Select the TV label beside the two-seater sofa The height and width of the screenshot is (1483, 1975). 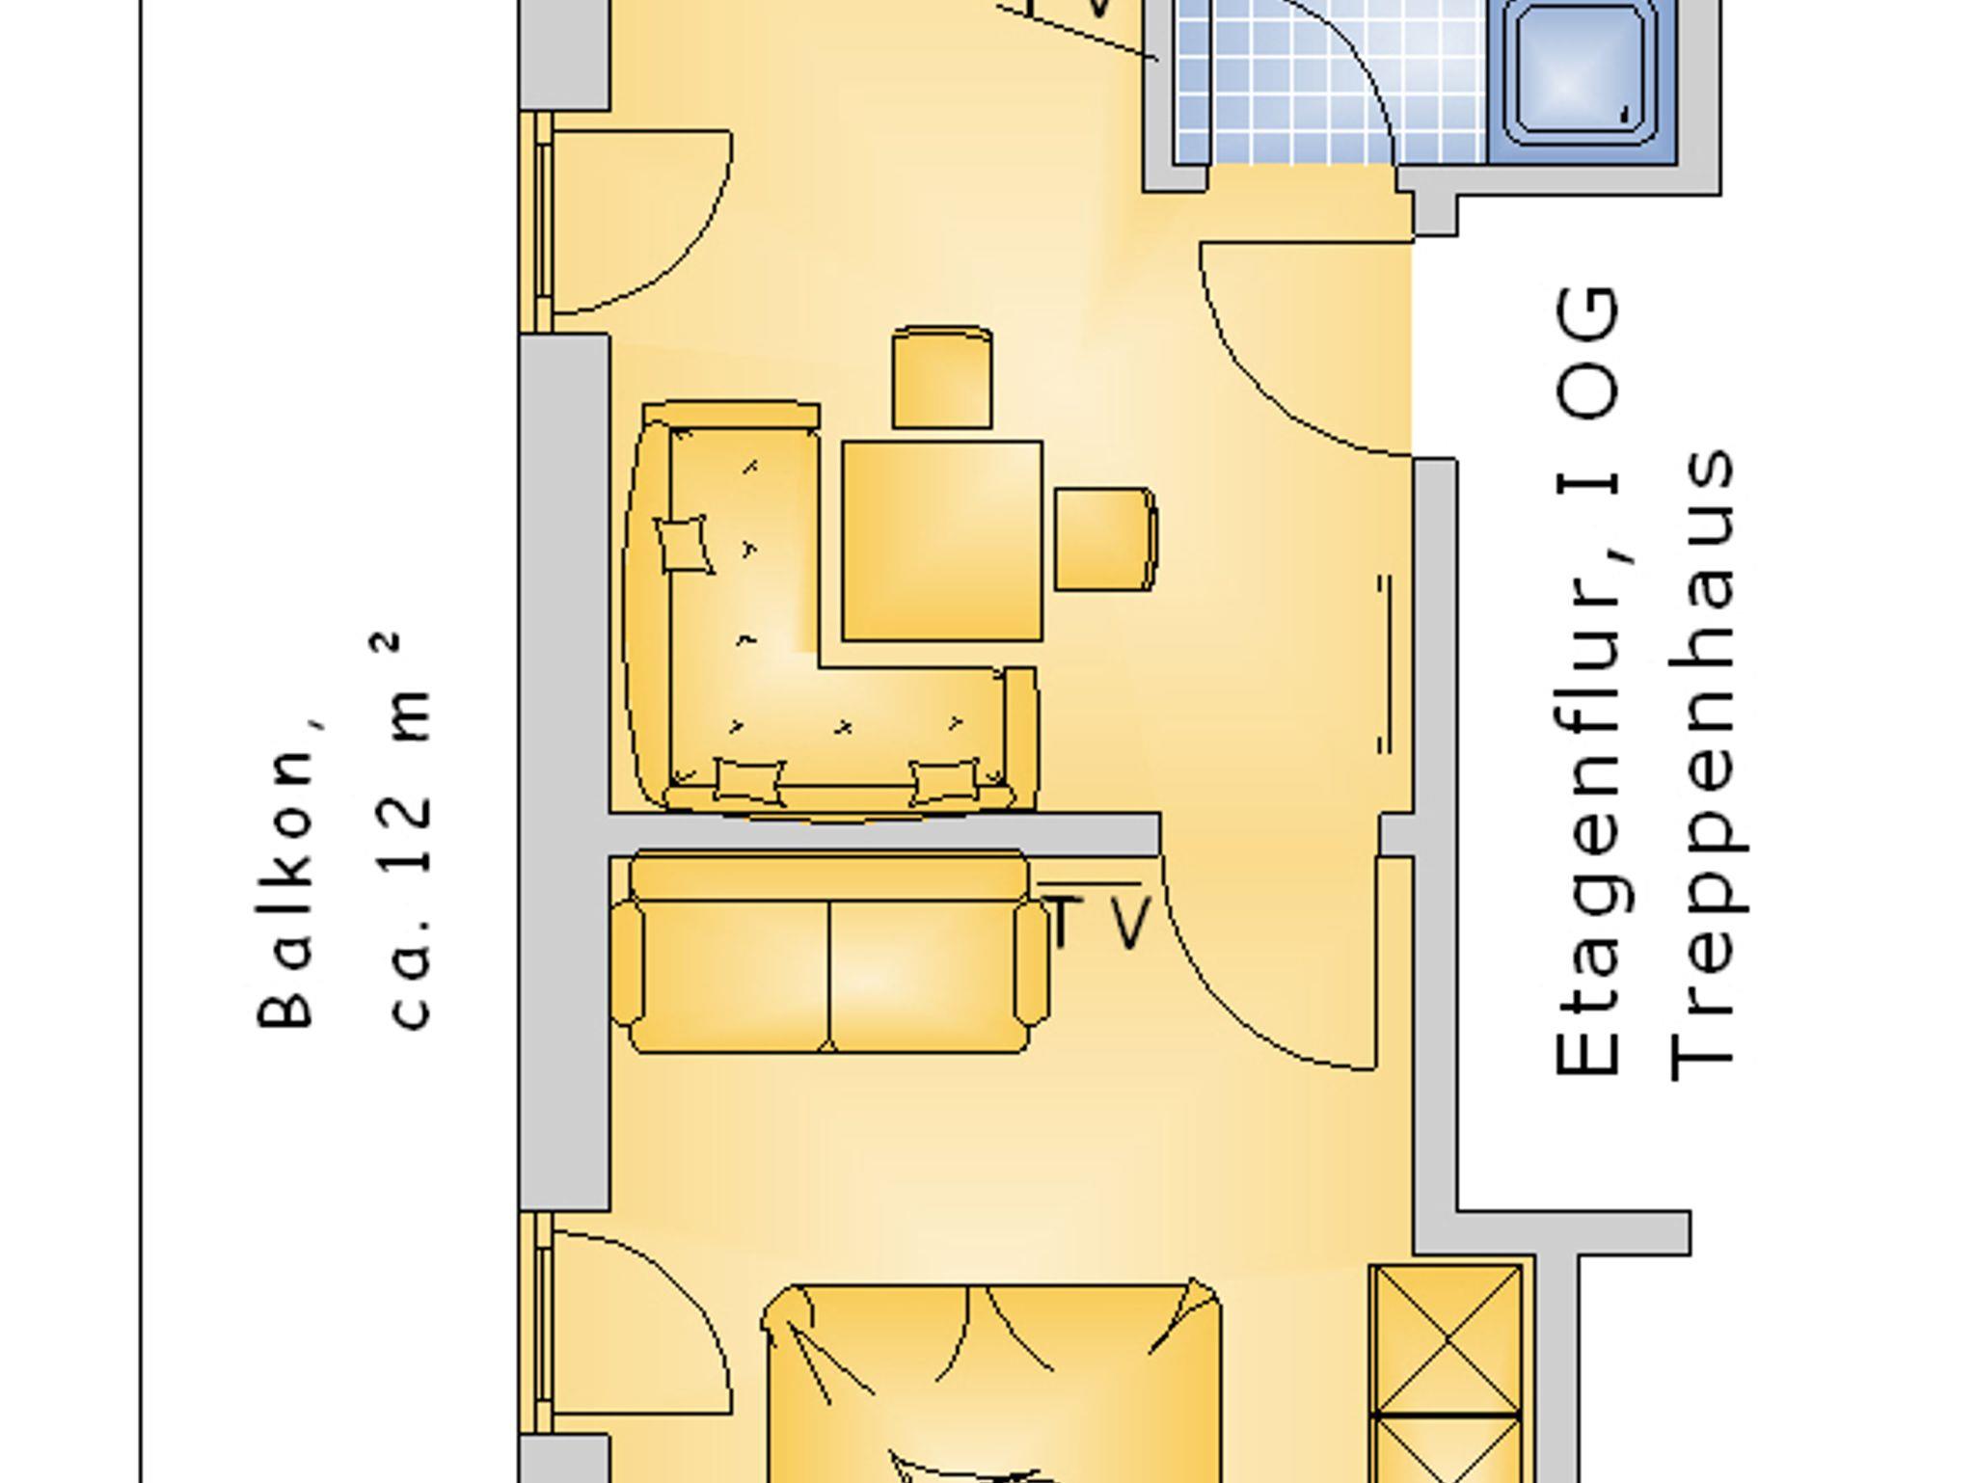click(x=1098, y=921)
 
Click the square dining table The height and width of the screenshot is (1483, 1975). click(x=942, y=541)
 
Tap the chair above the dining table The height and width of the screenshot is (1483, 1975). click(x=942, y=377)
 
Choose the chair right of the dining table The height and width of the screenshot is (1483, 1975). click(x=1105, y=539)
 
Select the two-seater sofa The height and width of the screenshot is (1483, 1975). click(x=829, y=952)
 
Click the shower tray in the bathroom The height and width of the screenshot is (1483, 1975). click(x=1580, y=81)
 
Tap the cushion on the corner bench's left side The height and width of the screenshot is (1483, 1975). click(x=684, y=545)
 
